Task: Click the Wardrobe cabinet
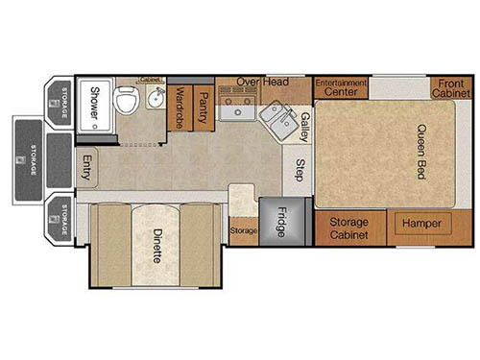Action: [x=179, y=108]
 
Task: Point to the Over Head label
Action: [x=263, y=83]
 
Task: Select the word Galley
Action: [x=303, y=126]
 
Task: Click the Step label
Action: [x=300, y=169]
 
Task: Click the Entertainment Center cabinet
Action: [x=341, y=87]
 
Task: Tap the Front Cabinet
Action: [x=448, y=87]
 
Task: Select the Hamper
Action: [x=421, y=223]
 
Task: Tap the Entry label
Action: [x=86, y=168]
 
